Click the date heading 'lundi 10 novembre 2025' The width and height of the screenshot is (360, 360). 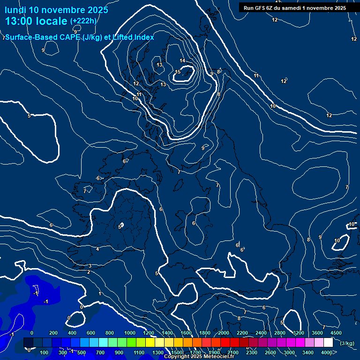[x=56, y=10]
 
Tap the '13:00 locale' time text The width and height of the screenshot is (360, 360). [x=36, y=21]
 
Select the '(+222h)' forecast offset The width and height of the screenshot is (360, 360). [x=83, y=21]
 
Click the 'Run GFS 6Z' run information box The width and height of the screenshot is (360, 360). [x=295, y=8]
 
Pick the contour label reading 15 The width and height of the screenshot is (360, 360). [x=178, y=72]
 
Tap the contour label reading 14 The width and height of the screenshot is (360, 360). [x=182, y=60]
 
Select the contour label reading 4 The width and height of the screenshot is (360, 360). [x=97, y=249]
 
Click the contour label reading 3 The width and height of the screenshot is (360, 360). [x=90, y=266]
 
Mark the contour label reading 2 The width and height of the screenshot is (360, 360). [x=89, y=272]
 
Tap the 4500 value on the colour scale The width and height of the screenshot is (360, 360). [x=336, y=333]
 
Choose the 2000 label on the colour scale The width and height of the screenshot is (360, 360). [x=224, y=333]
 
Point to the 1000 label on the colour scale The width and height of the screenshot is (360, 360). [x=130, y=333]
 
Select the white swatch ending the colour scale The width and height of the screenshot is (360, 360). [x=328, y=343]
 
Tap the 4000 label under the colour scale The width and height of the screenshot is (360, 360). [x=327, y=352]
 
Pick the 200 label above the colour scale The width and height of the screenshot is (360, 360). [x=53, y=333]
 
